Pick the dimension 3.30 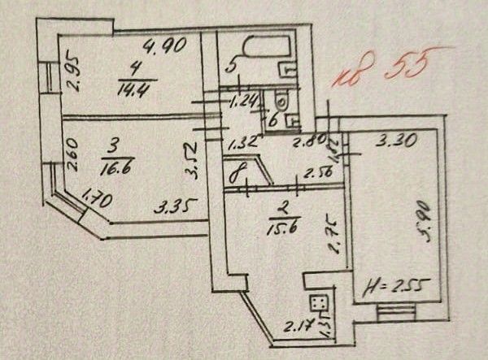398,140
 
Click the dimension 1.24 242,102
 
